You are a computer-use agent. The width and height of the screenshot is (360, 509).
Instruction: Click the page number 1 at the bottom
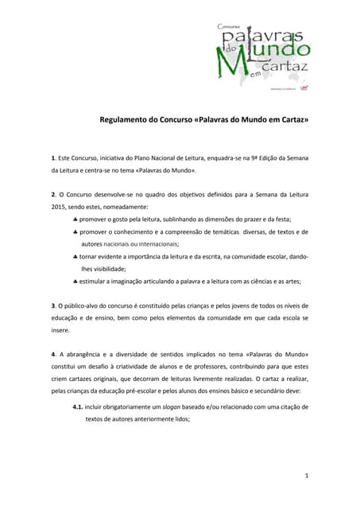tap(307, 476)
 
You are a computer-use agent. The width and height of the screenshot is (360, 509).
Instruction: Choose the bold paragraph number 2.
tap(52, 195)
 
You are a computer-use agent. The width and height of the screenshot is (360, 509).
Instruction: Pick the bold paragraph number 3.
tap(52, 305)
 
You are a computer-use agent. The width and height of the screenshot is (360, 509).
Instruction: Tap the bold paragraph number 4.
tap(52, 354)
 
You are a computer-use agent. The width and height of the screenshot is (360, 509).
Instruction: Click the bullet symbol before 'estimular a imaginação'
tap(74, 281)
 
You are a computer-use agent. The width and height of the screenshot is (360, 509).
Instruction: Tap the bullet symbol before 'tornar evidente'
tap(74, 257)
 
